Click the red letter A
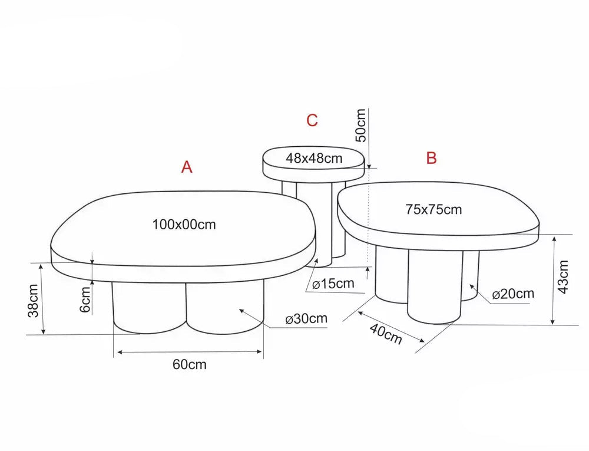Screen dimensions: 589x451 [x=187, y=167]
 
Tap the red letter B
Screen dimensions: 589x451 [x=431, y=158]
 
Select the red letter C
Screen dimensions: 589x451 [x=312, y=120]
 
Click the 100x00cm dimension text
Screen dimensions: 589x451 [x=184, y=225]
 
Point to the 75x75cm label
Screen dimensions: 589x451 [x=434, y=209]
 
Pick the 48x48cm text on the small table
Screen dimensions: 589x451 [x=314, y=158]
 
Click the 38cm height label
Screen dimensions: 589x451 [x=34, y=300]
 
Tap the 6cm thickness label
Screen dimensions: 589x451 [x=85, y=299]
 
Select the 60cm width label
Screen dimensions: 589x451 [x=189, y=364]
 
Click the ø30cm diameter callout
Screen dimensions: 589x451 [x=306, y=319]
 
